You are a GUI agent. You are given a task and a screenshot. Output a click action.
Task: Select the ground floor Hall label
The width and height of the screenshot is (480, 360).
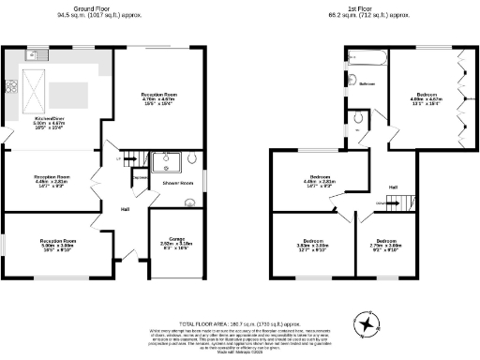124,208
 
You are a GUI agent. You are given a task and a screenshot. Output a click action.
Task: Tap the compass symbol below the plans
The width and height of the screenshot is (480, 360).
367,323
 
